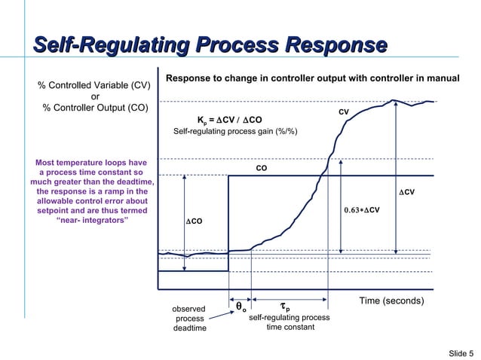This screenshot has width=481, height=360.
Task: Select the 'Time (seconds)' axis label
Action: point(391,301)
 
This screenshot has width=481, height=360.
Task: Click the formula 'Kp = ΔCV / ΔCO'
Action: point(229,120)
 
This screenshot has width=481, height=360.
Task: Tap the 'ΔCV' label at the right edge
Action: point(406,193)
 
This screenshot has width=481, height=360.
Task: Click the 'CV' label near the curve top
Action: point(343,112)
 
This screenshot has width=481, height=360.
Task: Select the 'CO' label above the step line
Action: point(261,168)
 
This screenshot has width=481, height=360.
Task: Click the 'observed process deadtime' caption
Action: point(189,319)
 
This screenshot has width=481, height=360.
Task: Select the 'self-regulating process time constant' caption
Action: point(290,323)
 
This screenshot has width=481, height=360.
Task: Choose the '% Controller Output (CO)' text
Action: point(95,107)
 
